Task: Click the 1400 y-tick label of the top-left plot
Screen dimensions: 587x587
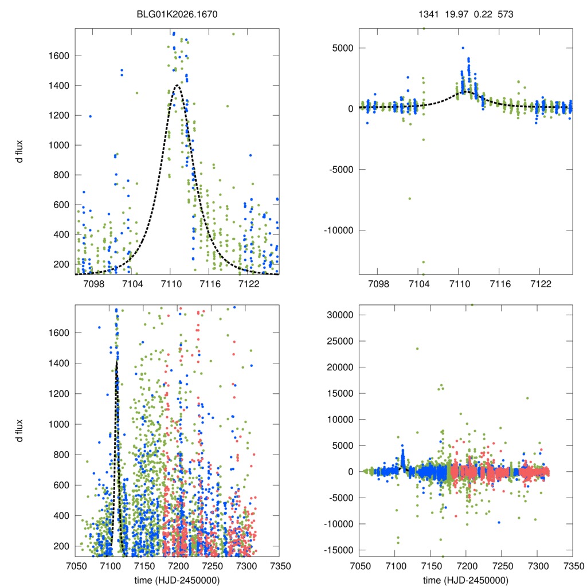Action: click(60, 86)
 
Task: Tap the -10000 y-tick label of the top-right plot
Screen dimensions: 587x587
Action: click(338, 230)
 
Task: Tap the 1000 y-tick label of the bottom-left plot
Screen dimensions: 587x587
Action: click(60, 424)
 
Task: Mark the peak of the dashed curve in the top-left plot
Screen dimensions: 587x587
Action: click(177, 85)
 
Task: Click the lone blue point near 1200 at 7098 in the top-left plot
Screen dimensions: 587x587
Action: click(90, 116)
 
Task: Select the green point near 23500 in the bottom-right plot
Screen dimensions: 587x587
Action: click(417, 349)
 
